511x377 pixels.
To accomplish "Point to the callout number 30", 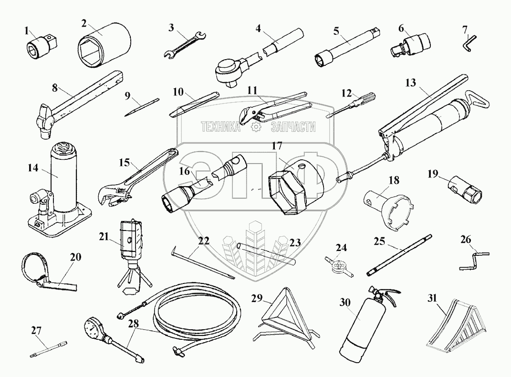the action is pyautogui.click(x=344, y=302).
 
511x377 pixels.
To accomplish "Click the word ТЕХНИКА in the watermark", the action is pyautogui.click(x=220, y=126).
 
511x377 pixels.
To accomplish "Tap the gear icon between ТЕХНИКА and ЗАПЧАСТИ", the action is pyautogui.click(x=255, y=127).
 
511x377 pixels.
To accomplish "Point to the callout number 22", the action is pyautogui.click(x=204, y=241).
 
